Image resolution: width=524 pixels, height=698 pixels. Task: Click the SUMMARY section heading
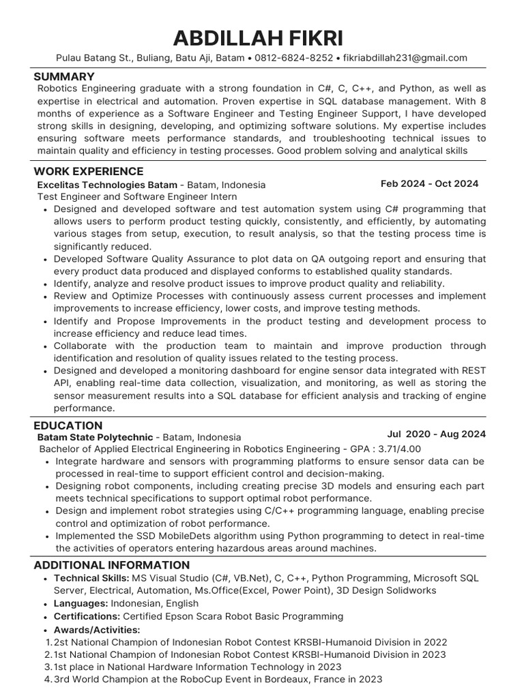[x=64, y=76]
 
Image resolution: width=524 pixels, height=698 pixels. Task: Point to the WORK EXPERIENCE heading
[x=89, y=171]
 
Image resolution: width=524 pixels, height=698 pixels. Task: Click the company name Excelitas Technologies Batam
[x=107, y=185]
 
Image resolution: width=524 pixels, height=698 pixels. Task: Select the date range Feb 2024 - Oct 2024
[x=429, y=184]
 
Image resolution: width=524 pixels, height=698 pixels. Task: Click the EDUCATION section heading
[x=68, y=425]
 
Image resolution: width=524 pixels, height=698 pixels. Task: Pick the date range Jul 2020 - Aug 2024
[x=436, y=434]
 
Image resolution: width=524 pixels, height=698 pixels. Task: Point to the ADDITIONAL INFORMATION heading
[x=112, y=565]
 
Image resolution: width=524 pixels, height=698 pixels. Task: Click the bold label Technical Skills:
[x=91, y=578]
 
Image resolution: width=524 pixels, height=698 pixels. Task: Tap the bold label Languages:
[x=81, y=603]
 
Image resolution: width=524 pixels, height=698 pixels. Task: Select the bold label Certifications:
[x=87, y=616]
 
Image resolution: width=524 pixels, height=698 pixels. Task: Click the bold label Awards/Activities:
[x=97, y=629]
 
